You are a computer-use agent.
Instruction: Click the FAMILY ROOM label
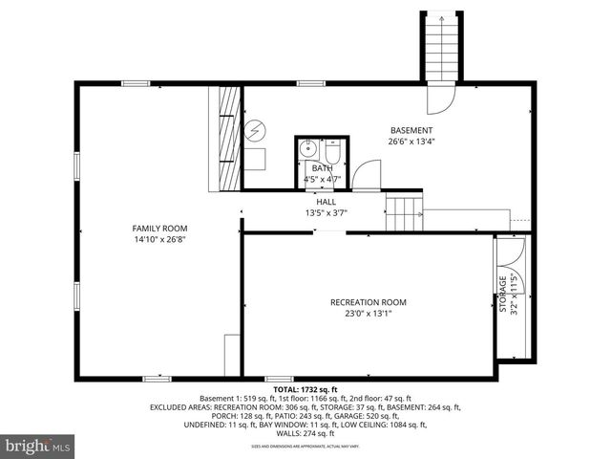(x=159, y=229)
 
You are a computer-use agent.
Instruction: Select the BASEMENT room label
(x=411, y=130)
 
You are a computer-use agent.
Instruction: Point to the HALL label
(x=327, y=202)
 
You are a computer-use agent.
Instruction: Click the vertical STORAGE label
(x=502, y=296)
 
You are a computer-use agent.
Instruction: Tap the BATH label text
(x=322, y=168)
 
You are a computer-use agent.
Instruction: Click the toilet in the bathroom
(x=332, y=151)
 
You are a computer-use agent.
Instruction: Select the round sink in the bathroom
(x=308, y=150)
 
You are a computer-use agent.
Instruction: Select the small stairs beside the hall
(x=404, y=214)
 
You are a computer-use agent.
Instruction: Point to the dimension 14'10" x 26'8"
(x=159, y=240)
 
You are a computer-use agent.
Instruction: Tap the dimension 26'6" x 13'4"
(x=411, y=142)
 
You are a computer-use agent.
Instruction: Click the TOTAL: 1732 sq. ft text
(x=305, y=390)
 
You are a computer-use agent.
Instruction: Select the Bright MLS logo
(x=38, y=446)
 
